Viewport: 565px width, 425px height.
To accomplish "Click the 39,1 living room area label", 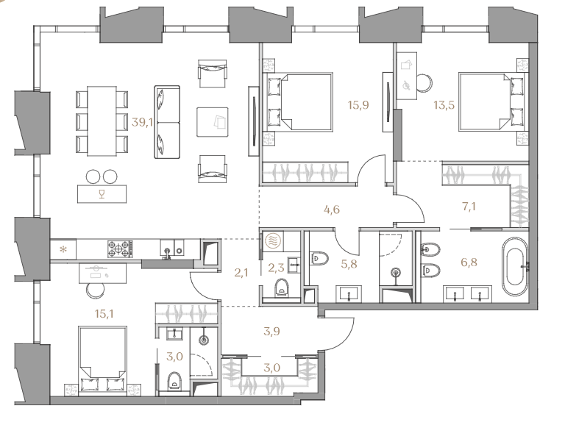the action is click(x=142, y=123).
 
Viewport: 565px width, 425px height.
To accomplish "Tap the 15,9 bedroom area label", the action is click(x=358, y=105).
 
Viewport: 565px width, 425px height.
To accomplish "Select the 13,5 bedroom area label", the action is click(x=444, y=105).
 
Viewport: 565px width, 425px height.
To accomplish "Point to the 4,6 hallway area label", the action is click(x=332, y=210).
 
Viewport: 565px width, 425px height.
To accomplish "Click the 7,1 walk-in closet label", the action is click(x=469, y=207).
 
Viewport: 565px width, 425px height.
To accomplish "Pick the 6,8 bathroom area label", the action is click(x=469, y=262).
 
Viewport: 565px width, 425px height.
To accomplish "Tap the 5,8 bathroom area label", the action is click(x=349, y=264).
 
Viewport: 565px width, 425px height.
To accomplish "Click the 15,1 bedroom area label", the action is click(x=104, y=314).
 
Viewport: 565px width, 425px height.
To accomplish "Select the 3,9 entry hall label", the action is click(x=271, y=331).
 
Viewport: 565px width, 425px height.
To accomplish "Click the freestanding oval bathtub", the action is click(x=514, y=266).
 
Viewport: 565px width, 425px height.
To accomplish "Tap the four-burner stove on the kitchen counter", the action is click(x=118, y=249).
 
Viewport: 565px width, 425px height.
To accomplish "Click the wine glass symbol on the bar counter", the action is click(x=102, y=195).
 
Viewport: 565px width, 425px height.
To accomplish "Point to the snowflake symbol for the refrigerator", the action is click(x=63, y=249).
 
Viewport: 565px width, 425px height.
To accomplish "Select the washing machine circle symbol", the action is click(x=272, y=241).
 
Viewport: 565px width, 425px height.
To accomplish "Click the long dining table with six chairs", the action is click(x=102, y=121).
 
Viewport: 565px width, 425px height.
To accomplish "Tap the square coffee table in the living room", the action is click(x=212, y=122).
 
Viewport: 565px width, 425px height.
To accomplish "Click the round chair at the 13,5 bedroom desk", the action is click(x=424, y=83).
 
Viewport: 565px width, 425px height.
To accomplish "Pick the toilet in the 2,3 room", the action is click(x=282, y=287).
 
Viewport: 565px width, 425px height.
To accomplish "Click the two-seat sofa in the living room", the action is click(x=167, y=122).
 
